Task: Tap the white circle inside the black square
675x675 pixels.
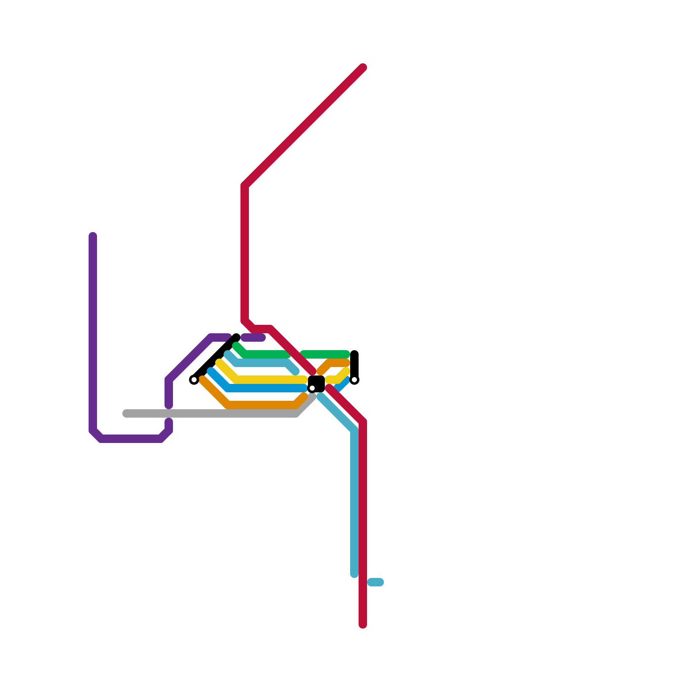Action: tap(312, 389)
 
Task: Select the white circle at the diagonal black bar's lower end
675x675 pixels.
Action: tap(194, 380)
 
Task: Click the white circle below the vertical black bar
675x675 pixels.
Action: tap(355, 380)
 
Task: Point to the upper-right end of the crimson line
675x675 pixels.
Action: tap(363, 67)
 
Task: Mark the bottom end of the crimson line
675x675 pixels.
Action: tap(363, 625)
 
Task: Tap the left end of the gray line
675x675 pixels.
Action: tap(126, 413)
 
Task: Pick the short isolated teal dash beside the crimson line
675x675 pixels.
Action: tap(375, 583)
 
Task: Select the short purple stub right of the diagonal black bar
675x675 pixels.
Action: tap(253, 337)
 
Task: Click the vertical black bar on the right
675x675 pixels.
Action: tap(355, 364)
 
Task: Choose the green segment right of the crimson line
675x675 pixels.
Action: tap(325, 354)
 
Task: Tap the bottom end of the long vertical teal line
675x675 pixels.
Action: tap(354, 574)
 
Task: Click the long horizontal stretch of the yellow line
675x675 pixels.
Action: tap(270, 380)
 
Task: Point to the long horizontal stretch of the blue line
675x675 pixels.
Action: tap(266, 388)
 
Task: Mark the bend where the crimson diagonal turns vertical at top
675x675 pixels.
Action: tap(245, 186)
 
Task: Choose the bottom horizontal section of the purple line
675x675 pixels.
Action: tap(131, 439)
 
